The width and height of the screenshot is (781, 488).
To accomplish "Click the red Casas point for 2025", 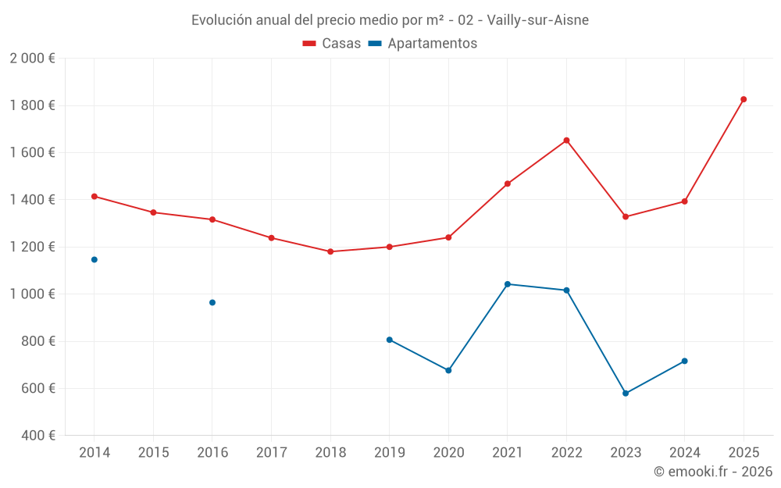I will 744,99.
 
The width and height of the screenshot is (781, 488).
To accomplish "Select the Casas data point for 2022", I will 566,141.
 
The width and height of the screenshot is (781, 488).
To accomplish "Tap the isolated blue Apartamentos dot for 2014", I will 95,259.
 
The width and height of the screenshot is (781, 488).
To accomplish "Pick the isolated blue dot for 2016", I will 212,302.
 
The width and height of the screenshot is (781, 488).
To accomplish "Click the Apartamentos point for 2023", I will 626,394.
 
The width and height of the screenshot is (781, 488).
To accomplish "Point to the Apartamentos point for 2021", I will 508,284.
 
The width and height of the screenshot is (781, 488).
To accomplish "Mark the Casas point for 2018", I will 330,251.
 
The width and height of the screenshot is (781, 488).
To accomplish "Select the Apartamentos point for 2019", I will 390,340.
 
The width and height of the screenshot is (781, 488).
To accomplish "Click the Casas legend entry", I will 332,44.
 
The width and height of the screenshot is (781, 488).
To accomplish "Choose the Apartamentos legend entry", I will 423,44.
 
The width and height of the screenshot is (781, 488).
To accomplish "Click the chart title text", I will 390,20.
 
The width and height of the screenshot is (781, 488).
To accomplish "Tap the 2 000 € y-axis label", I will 32,59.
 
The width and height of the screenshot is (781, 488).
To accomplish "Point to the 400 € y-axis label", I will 37,436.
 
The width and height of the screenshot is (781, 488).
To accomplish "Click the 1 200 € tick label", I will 32,247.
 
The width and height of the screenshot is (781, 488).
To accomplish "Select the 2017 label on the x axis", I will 271,453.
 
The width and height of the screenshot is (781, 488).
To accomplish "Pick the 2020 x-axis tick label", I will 448,453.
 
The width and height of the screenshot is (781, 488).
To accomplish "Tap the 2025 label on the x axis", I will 744,453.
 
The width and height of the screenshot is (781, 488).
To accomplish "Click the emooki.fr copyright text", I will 712,472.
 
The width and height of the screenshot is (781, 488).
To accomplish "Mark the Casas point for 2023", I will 626,216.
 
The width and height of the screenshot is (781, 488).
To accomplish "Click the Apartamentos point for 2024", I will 685,361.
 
